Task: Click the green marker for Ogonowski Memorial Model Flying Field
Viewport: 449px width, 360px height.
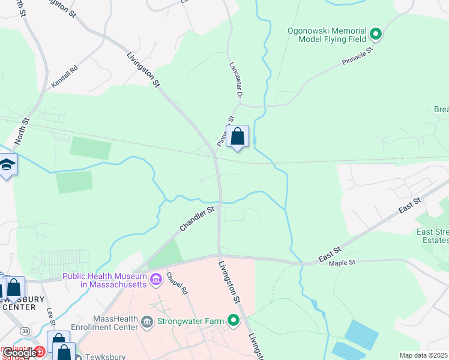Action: (376, 34)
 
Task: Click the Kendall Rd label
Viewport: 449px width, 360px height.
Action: (65, 77)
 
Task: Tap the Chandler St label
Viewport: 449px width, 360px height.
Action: (196, 220)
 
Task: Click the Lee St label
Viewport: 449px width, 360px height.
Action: (50, 317)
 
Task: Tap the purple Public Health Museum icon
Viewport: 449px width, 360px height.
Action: (156, 278)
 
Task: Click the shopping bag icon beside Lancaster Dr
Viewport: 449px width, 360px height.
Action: (238, 137)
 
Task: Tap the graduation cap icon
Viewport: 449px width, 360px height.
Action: (7, 165)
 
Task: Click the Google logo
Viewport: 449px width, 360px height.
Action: (19, 353)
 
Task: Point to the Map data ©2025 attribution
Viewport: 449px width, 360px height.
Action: (424, 355)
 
